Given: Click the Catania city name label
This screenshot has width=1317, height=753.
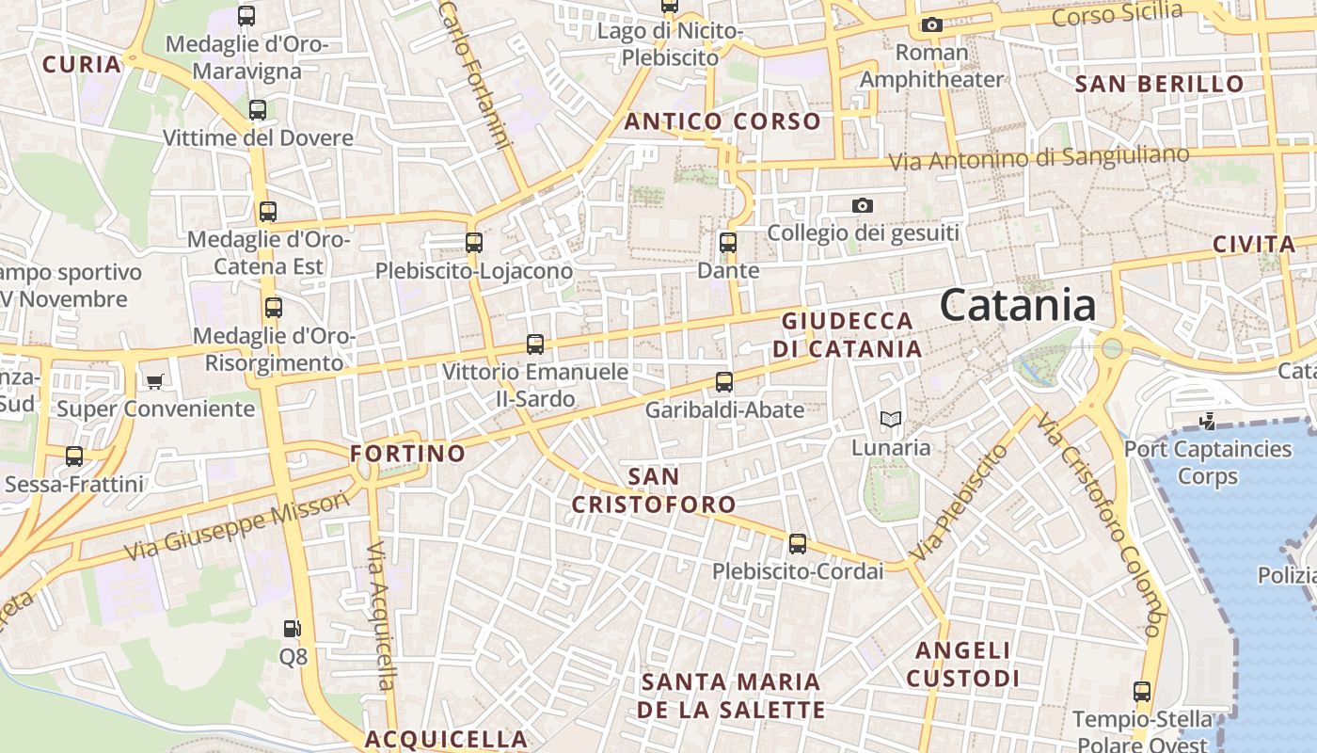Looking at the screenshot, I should click(x=1018, y=306).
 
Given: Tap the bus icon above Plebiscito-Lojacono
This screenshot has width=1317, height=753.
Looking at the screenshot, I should click(x=473, y=243).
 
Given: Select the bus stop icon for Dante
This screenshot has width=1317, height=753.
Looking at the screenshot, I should click(x=727, y=243).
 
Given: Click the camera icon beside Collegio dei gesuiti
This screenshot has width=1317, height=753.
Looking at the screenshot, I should click(x=862, y=205).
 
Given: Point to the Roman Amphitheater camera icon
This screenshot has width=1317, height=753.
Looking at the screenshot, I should click(x=931, y=25).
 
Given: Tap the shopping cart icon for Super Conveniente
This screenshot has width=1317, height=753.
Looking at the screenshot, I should click(x=154, y=381).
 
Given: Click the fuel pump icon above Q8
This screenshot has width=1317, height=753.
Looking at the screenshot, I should click(x=293, y=628).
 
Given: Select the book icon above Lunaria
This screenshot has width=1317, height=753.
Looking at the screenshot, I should click(x=890, y=420).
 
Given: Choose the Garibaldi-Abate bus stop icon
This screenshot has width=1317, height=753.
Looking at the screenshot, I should click(x=723, y=382).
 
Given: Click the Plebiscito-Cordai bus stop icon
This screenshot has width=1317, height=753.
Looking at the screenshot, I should click(x=797, y=544).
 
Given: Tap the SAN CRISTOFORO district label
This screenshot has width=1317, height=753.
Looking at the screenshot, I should click(x=654, y=490).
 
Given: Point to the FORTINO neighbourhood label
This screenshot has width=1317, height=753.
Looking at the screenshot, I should click(x=407, y=454).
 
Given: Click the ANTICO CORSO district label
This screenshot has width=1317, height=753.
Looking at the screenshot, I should click(x=722, y=121).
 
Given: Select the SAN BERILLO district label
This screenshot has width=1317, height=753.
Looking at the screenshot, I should click(x=1159, y=84).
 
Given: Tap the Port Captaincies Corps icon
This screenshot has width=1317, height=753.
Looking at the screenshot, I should click(x=1207, y=423).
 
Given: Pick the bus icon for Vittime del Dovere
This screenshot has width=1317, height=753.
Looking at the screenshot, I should click(x=257, y=110).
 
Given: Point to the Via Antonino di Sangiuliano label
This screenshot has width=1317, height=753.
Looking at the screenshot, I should click(x=1039, y=158).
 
